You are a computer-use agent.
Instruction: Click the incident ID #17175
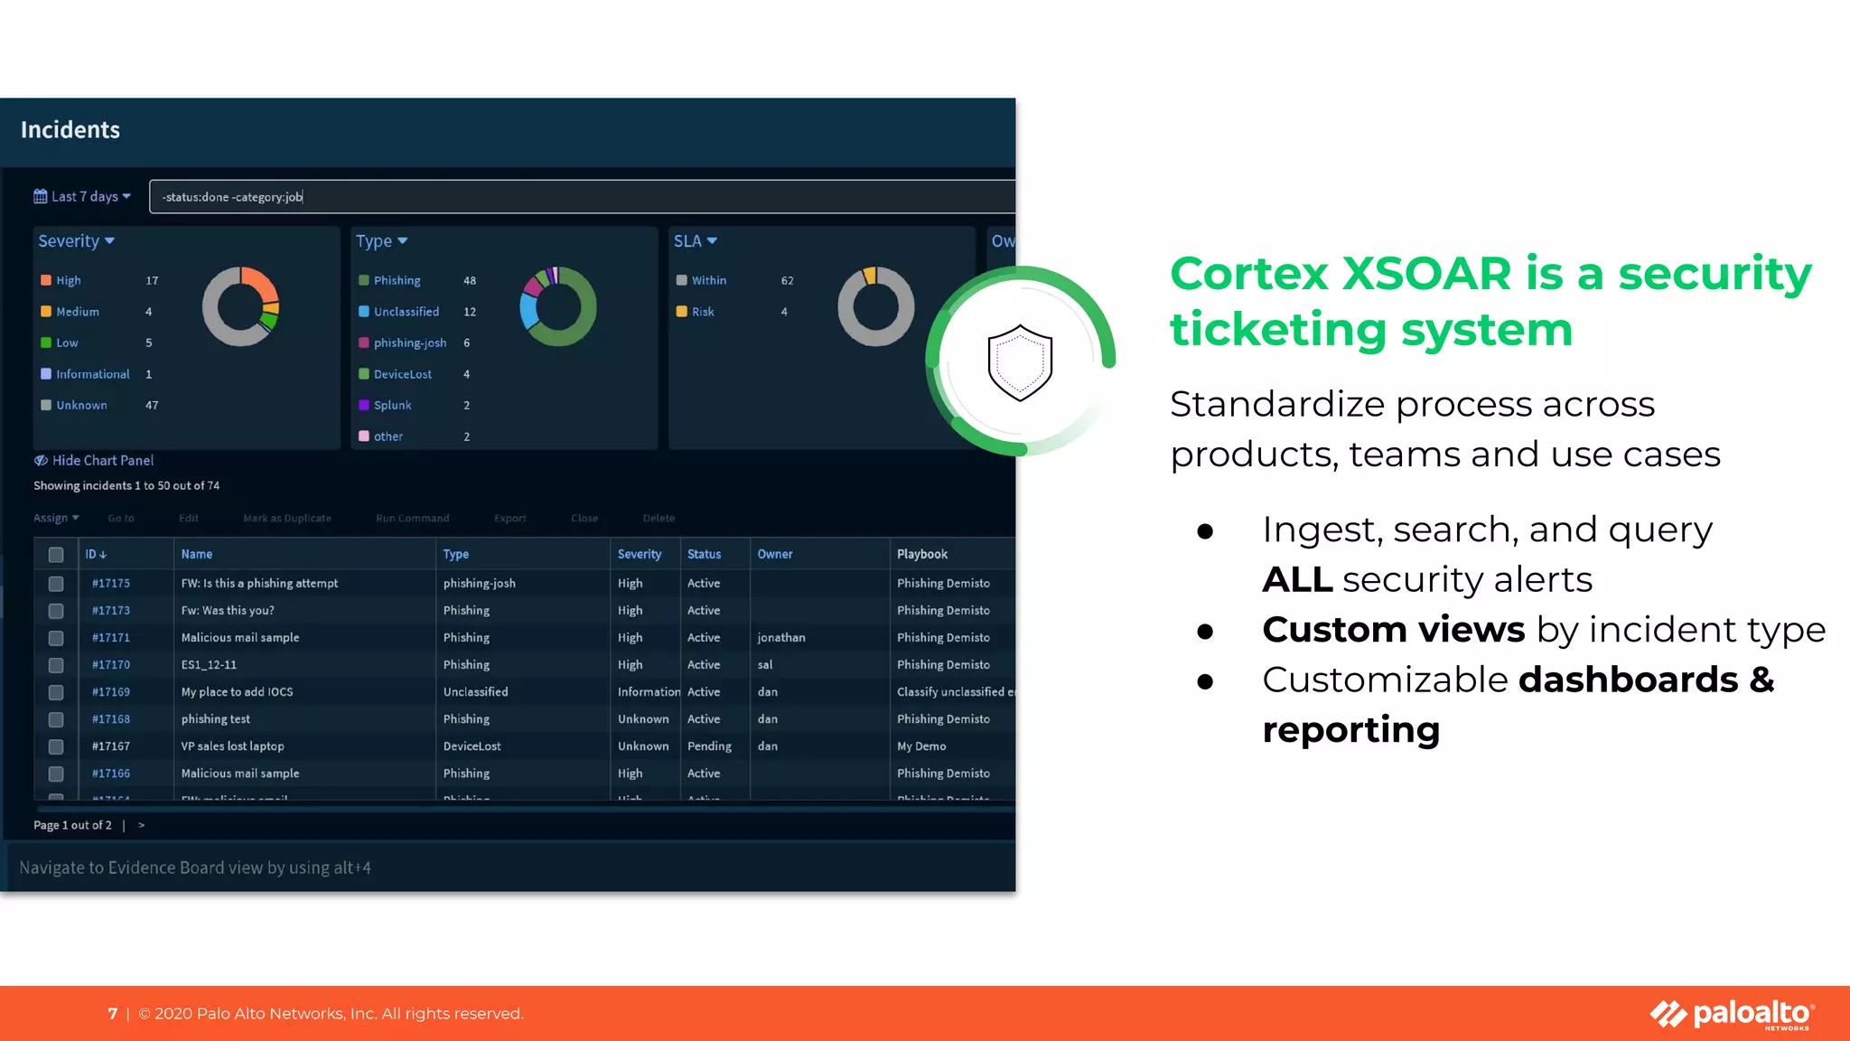[x=111, y=584]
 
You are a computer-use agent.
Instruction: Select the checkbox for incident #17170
[x=56, y=665]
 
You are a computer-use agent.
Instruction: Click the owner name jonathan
[x=781, y=638]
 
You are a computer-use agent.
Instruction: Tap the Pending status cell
[x=709, y=746]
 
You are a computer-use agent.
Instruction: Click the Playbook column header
[x=922, y=554]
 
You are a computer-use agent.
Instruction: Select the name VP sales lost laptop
[x=232, y=746]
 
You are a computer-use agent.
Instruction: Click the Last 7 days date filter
[x=83, y=197]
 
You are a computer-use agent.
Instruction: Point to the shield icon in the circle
[x=1020, y=362]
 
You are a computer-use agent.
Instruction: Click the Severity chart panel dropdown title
[x=77, y=241]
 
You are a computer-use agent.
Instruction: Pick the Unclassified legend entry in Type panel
[x=406, y=312]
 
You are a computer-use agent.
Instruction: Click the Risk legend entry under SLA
[x=703, y=312]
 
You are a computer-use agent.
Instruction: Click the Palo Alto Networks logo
[x=1733, y=1014]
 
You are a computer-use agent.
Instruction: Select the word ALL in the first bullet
[x=1297, y=579]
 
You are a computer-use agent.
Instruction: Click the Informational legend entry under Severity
[x=92, y=374]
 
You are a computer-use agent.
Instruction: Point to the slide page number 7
[x=113, y=1014]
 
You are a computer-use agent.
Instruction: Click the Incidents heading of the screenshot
[x=70, y=130]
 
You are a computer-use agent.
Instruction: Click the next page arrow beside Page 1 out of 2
[x=142, y=825]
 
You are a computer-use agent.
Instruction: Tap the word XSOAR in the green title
[x=1427, y=274]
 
